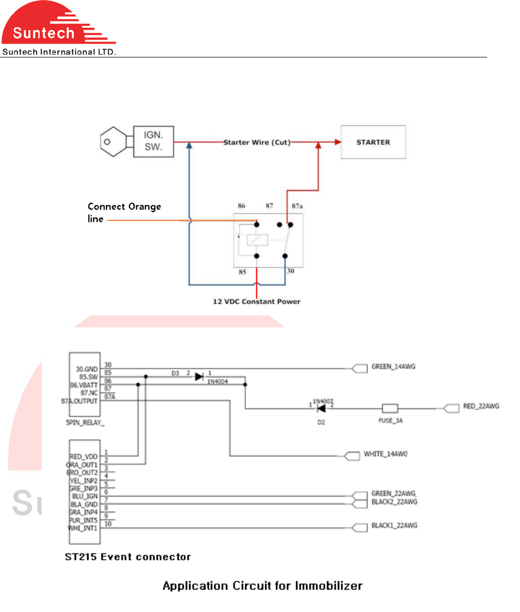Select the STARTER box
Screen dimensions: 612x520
click(373, 142)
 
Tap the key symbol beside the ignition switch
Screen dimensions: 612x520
click(115, 142)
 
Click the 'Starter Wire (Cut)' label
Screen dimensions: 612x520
click(257, 142)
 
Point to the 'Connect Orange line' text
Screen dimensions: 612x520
click(124, 213)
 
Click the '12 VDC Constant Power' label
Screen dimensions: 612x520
click(256, 301)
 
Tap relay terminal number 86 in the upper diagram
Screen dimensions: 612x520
click(241, 207)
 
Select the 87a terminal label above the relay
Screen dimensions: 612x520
click(297, 207)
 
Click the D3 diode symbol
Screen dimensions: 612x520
click(199, 376)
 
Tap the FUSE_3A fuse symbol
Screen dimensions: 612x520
click(390, 408)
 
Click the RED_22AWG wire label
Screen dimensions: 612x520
click(481, 406)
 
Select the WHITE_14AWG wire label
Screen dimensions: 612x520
click(386, 454)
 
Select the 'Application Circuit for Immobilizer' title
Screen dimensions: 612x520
click(263, 586)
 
